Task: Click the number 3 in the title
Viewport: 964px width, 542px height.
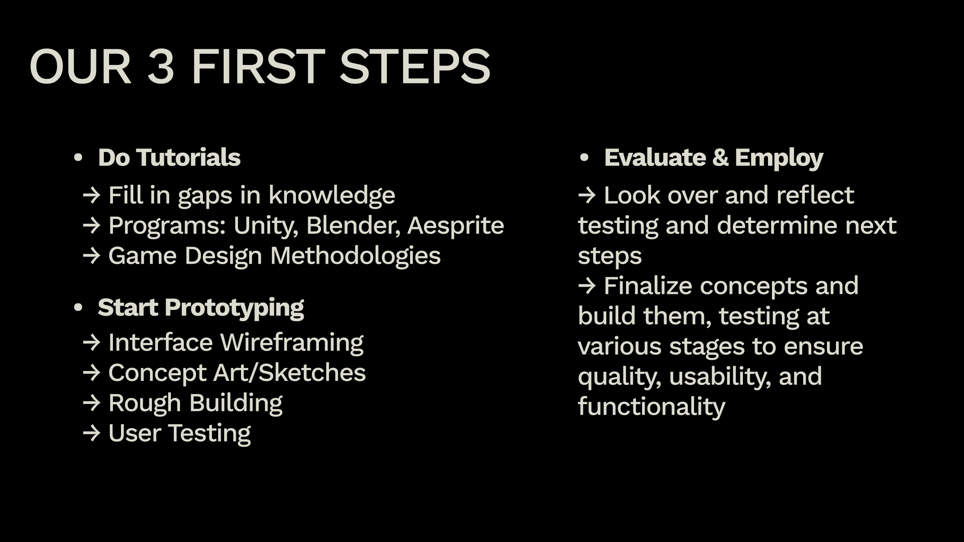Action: pos(161,67)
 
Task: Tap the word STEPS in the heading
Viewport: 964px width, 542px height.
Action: pos(415,67)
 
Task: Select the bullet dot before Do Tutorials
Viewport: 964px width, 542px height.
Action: pos(78,158)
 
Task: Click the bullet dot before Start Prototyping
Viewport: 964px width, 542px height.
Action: pos(78,308)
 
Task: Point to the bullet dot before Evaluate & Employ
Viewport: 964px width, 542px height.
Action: pos(584,158)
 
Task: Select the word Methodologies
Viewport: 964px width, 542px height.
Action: pos(355,256)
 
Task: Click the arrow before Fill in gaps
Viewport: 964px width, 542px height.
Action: pos(91,196)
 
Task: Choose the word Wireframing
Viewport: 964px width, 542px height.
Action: pos(292,343)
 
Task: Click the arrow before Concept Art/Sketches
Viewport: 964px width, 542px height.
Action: pos(91,373)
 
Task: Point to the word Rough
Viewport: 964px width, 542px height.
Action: pos(145,403)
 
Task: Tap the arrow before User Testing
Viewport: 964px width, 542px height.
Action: pos(91,433)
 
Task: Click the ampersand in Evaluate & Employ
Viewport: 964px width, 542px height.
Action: pos(720,158)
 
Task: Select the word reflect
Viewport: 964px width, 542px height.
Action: pos(815,195)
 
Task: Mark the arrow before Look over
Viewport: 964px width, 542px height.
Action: pos(587,196)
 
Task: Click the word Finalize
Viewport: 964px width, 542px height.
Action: pos(648,286)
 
